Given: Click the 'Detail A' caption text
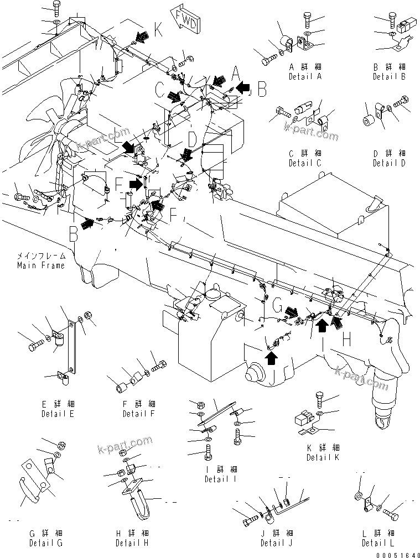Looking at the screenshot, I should click(305, 77).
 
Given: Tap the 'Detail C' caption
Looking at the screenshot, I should click(305, 163).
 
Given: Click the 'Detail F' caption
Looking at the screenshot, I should click(139, 414).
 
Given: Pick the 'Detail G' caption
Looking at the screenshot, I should click(46, 543).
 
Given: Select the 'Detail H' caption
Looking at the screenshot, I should click(132, 543).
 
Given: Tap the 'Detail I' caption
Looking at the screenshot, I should click(220, 479).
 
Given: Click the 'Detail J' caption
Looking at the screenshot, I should click(277, 543).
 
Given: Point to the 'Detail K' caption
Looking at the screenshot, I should click(324, 457).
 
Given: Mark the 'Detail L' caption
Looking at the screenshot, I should click(378, 543).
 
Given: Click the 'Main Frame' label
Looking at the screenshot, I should click(40, 265).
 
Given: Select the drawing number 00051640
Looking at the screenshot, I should click(396, 553).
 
